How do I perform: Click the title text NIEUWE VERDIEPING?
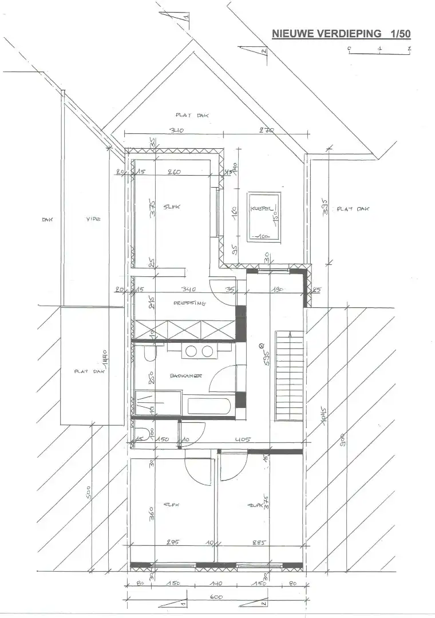point(327,34)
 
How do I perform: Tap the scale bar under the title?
point(379,53)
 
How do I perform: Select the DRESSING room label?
point(189,304)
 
